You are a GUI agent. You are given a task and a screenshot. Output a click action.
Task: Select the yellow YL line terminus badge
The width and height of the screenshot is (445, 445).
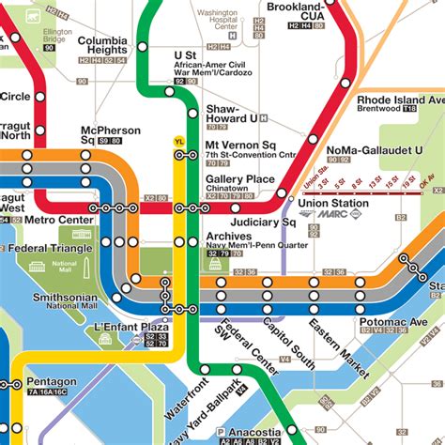(179, 141)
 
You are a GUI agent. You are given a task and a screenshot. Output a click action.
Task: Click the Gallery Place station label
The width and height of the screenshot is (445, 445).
(239, 178)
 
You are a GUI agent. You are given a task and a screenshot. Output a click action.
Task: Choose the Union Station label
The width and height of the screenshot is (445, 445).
(333, 203)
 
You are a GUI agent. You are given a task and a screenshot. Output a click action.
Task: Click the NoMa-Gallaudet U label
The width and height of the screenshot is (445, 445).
(375, 150)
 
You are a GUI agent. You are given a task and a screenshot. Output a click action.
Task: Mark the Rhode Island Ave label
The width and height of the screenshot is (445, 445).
(399, 100)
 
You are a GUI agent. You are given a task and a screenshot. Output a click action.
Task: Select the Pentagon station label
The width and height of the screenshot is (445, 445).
(52, 382)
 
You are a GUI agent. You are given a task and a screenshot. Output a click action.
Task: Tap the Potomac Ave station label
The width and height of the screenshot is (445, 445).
(393, 322)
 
